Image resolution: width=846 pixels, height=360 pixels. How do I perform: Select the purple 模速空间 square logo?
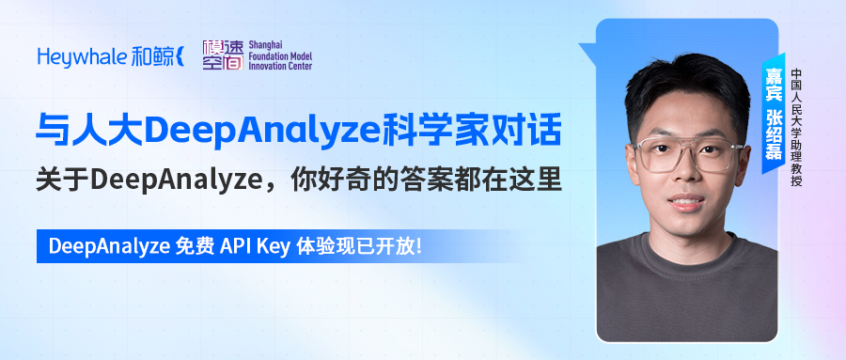click(x=222, y=55)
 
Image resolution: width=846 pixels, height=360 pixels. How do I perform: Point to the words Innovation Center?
click(x=278, y=68)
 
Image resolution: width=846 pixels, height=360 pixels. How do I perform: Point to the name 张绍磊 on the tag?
click(x=774, y=135)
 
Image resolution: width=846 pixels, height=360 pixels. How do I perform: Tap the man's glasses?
click(x=686, y=156)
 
